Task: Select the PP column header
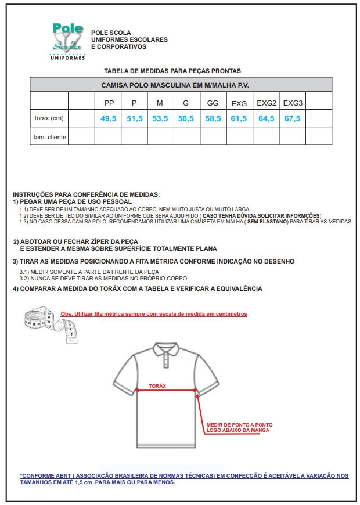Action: point(109,103)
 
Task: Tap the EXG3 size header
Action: point(293,103)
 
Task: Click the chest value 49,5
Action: point(109,118)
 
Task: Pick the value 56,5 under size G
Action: point(186,118)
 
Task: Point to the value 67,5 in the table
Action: point(293,118)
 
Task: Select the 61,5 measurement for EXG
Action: point(239,118)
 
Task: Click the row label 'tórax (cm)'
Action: point(49,118)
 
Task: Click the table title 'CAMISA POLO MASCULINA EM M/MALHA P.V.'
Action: point(181,85)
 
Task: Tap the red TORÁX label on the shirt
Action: point(157,386)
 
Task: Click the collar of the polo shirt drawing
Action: point(167,350)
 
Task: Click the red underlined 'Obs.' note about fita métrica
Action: point(154,314)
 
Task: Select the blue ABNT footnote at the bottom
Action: point(184,479)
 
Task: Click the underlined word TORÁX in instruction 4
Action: point(110,288)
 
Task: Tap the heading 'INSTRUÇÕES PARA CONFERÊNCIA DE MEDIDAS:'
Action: point(86,194)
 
